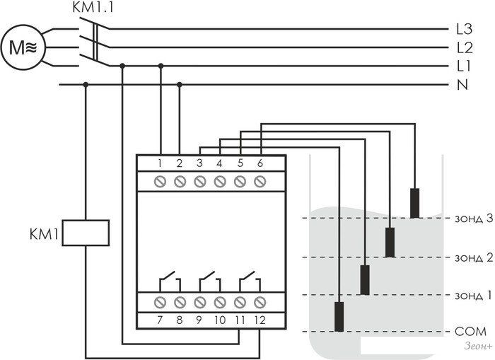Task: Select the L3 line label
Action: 464,30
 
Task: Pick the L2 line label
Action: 464,48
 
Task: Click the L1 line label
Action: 464,66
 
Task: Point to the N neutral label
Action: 462,85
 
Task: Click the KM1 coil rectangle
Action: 86,233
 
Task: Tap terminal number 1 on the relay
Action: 161,163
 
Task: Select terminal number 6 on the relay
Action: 260,163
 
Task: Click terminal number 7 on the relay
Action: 161,320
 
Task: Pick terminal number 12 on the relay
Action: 260,320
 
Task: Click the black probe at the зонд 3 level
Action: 415,203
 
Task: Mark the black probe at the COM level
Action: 340,316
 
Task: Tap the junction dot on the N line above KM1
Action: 86,85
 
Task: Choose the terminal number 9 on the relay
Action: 200,320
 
